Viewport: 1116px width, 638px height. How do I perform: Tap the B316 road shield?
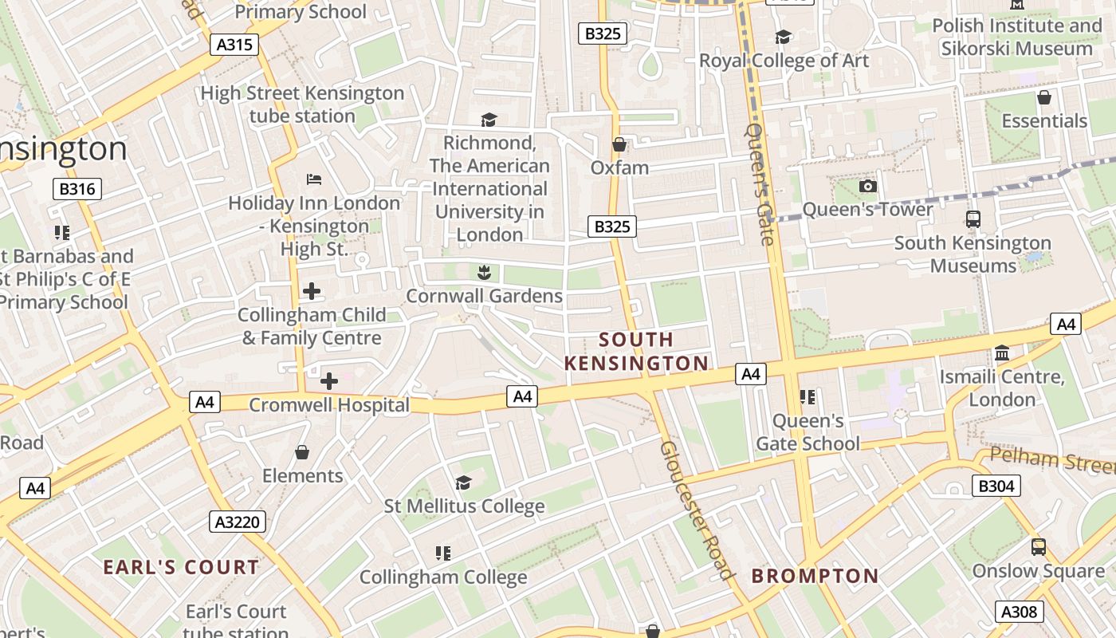click(77, 189)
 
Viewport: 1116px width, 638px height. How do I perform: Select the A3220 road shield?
click(238, 522)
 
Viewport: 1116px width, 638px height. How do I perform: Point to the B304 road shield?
click(996, 485)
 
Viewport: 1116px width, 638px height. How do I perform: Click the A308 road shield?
click(1019, 612)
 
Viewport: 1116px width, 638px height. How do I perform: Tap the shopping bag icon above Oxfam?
click(619, 144)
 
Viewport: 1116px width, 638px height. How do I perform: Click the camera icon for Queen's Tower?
click(867, 186)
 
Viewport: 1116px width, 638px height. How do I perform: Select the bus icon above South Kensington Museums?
click(973, 219)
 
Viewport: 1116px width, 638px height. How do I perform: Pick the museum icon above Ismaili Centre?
click(1002, 352)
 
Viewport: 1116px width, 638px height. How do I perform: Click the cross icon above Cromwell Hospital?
click(329, 381)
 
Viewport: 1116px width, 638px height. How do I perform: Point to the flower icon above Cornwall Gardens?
click(483, 273)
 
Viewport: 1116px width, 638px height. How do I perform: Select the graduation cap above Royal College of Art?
click(783, 37)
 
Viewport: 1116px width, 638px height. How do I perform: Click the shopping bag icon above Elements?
click(302, 452)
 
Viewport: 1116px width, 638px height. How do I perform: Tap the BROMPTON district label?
click(815, 576)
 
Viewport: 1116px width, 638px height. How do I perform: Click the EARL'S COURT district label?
click(181, 568)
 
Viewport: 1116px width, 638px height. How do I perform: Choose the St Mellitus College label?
click(464, 506)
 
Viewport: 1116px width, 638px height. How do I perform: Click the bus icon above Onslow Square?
click(1038, 547)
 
